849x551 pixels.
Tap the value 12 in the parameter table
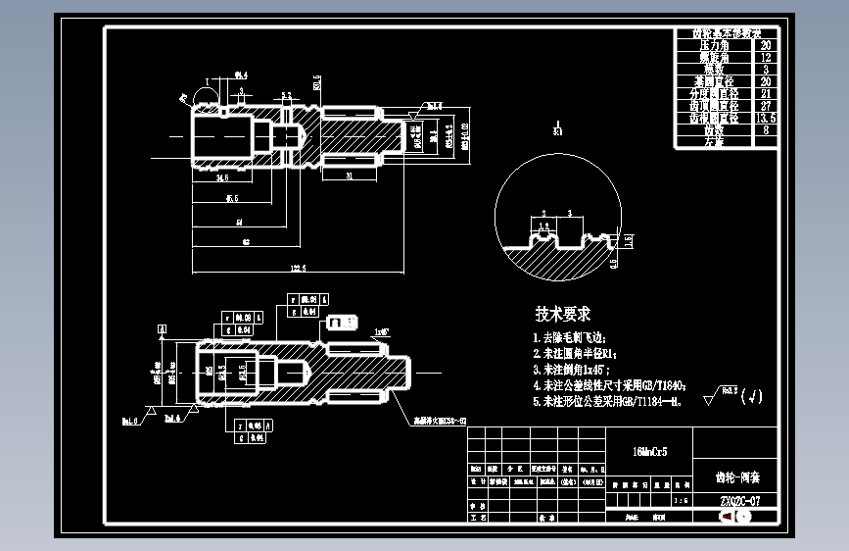766,58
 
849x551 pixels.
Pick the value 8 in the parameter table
766,129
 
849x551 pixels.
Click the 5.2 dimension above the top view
286,95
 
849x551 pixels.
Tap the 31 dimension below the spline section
350,177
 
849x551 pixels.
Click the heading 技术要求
562,314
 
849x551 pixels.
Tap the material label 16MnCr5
649,452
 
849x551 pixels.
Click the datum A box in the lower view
163,329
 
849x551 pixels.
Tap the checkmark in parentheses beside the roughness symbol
751,396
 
